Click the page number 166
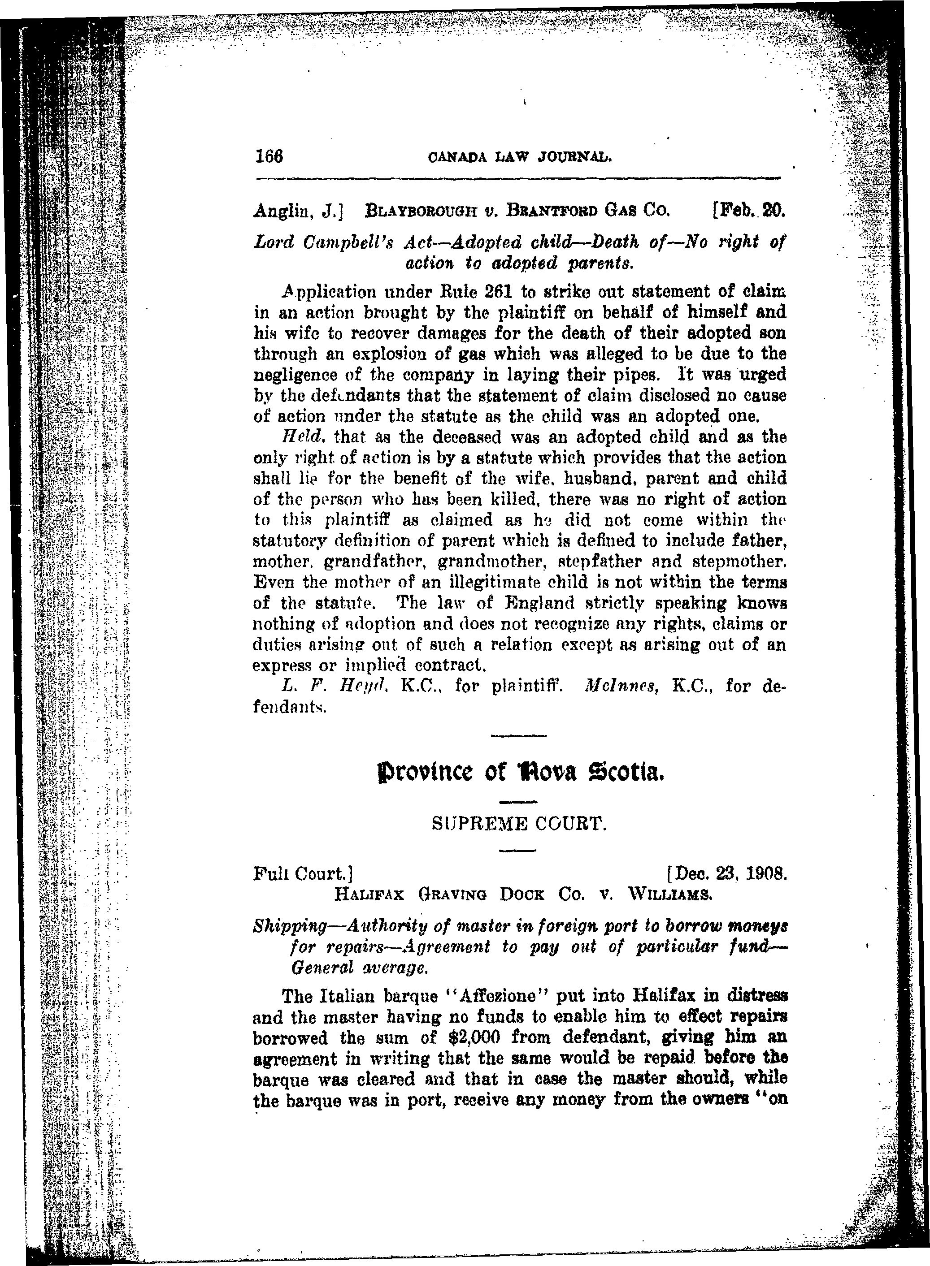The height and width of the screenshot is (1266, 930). point(268,156)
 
